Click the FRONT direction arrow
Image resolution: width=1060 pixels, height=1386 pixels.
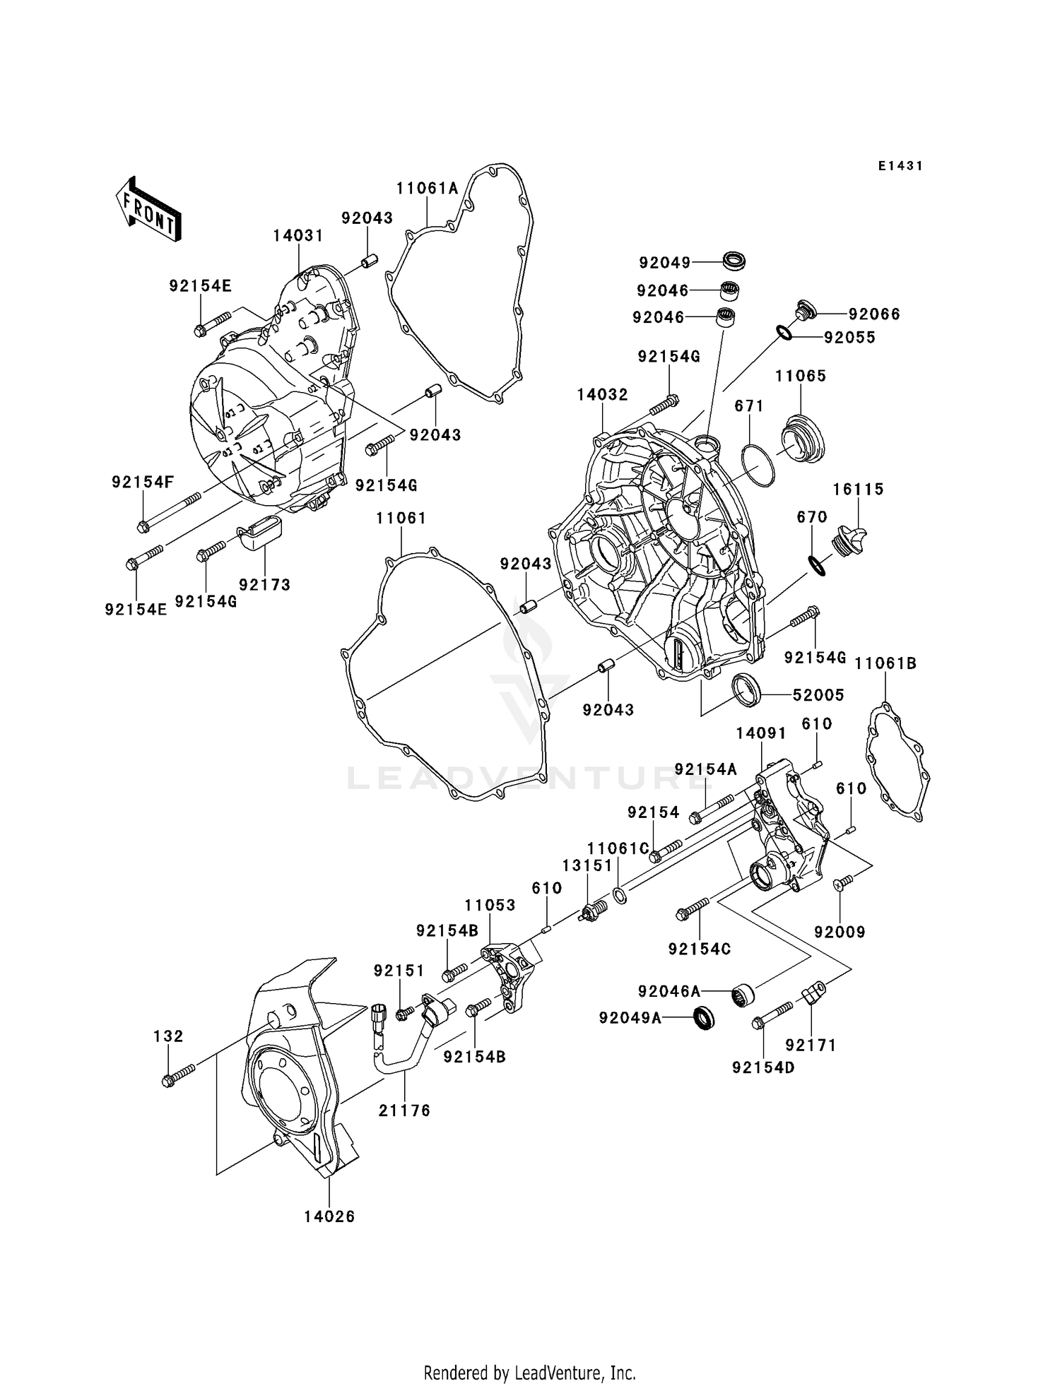148,210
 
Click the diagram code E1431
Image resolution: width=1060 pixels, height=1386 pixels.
900,166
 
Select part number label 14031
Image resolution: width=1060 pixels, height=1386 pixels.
298,235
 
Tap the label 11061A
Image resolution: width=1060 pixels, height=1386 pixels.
427,188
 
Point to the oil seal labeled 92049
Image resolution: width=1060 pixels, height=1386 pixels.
734,261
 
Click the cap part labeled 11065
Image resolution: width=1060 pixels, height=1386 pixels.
803,439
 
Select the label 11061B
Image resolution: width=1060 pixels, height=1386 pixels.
885,663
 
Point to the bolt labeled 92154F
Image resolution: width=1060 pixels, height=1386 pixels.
170,513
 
